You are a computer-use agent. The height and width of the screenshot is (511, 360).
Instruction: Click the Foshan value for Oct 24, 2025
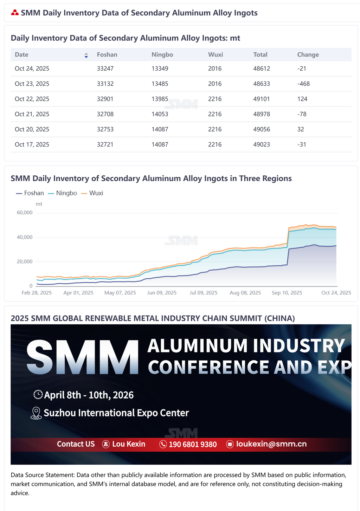(x=105, y=69)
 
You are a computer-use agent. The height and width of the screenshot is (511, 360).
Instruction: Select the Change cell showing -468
(x=303, y=84)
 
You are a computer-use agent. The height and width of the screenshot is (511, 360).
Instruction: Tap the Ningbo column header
(x=162, y=54)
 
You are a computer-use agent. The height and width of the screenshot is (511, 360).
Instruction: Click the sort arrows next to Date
(x=86, y=55)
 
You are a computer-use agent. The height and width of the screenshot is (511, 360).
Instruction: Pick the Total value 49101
(x=261, y=99)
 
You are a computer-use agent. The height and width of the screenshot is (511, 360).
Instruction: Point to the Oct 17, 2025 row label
(x=32, y=144)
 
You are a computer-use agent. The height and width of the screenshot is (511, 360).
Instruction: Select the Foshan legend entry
(x=30, y=193)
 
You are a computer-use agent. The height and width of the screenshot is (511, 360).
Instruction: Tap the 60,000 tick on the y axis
(x=25, y=213)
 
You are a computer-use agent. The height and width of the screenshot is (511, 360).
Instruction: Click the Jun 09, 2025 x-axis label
(x=162, y=293)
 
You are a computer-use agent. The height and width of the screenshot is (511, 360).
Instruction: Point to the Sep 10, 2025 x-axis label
(x=287, y=293)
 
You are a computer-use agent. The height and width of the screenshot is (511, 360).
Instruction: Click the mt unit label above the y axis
(x=39, y=204)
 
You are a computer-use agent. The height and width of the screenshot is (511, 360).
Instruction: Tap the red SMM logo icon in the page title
(x=15, y=13)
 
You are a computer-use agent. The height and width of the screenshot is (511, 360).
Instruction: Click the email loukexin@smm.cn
(x=271, y=444)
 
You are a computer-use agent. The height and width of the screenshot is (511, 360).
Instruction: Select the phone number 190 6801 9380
(x=193, y=444)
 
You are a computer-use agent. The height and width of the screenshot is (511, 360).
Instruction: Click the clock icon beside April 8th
(x=38, y=395)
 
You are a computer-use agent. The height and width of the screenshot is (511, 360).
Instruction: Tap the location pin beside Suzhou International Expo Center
(x=36, y=413)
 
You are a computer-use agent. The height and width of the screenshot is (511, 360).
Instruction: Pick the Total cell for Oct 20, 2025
(x=261, y=129)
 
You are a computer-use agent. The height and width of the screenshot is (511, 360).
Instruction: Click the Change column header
(x=308, y=54)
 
